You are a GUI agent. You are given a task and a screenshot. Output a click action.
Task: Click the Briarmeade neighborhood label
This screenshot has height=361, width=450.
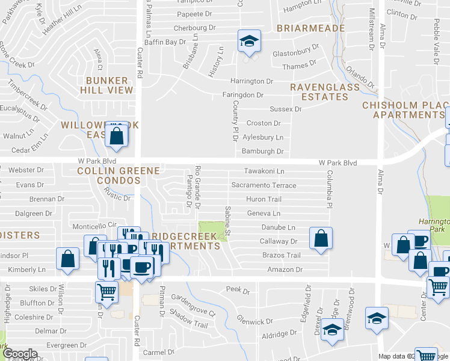(310, 28)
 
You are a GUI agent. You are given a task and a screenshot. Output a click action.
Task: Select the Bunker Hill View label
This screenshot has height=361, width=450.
(107, 85)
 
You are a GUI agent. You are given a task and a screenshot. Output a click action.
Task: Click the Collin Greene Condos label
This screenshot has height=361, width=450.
(119, 176)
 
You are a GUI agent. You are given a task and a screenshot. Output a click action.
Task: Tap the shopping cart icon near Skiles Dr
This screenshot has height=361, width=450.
(106, 292)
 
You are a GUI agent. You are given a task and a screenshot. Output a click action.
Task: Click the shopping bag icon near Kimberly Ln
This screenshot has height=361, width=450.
(67, 259)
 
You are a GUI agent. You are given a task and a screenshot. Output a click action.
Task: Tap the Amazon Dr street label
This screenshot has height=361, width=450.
(285, 270)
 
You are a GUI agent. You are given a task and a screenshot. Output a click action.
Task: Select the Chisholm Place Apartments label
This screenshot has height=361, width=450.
(405, 110)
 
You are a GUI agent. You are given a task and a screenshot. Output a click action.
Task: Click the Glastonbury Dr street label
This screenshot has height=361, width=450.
(294, 54)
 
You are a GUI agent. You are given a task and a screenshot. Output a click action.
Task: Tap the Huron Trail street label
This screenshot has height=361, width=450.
(263, 199)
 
